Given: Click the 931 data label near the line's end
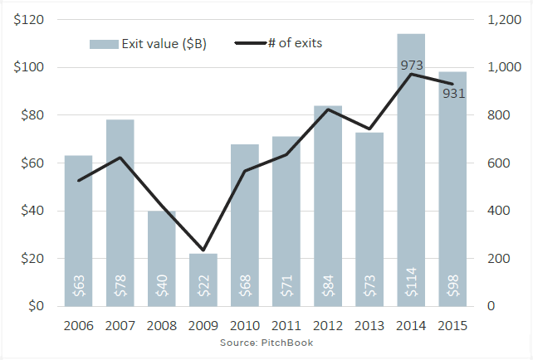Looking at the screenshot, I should point(453,94).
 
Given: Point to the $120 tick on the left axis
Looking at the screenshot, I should point(29,20).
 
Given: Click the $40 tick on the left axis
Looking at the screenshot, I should point(32,211).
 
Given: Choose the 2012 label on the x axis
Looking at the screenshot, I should point(328,325).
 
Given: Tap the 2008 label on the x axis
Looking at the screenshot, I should point(162,325).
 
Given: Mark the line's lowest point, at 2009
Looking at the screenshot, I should point(203,250).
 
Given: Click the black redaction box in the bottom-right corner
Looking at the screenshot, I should point(482,343).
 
